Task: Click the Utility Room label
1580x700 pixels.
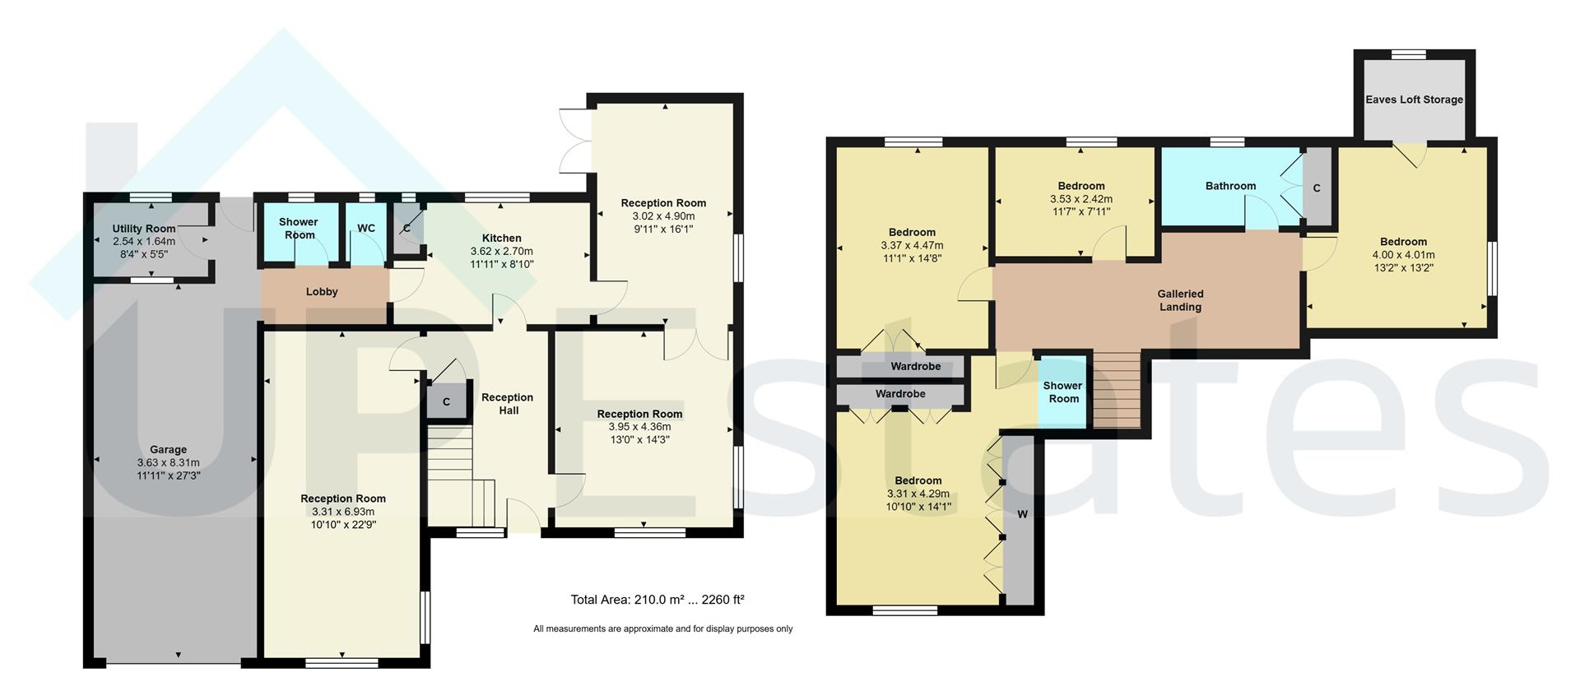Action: [144, 229]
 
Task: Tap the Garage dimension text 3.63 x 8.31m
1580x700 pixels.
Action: [168, 463]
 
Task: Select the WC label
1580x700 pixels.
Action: [366, 229]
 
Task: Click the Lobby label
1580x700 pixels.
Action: [322, 292]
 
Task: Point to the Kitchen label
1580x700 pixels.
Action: [501, 239]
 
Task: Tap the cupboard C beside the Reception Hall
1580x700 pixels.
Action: [446, 402]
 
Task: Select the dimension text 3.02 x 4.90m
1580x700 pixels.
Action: [663, 216]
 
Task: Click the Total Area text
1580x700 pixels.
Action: [658, 600]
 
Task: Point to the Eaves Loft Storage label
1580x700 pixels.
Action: [1414, 100]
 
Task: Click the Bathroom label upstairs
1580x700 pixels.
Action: [1230, 186]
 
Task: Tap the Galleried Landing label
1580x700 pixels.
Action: [1180, 300]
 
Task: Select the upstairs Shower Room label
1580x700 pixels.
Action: [1062, 392]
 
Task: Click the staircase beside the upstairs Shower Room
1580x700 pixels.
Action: [1117, 390]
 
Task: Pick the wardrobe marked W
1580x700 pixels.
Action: [1022, 515]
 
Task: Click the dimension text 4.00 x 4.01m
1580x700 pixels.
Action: [1403, 255]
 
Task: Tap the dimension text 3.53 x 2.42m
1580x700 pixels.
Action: [1080, 199]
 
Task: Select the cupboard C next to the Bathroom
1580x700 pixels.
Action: [1317, 188]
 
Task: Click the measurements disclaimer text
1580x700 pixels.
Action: [662, 629]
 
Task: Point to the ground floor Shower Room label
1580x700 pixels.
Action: [298, 229]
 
